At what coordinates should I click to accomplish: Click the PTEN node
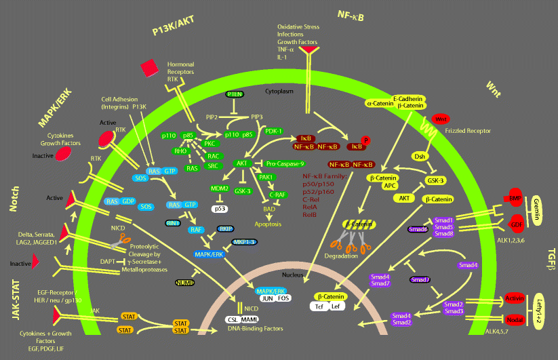(x=234, y=94)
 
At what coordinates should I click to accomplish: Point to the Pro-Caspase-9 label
(x=282, y=163)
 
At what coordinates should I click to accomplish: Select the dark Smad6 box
(x=418, y=229)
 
